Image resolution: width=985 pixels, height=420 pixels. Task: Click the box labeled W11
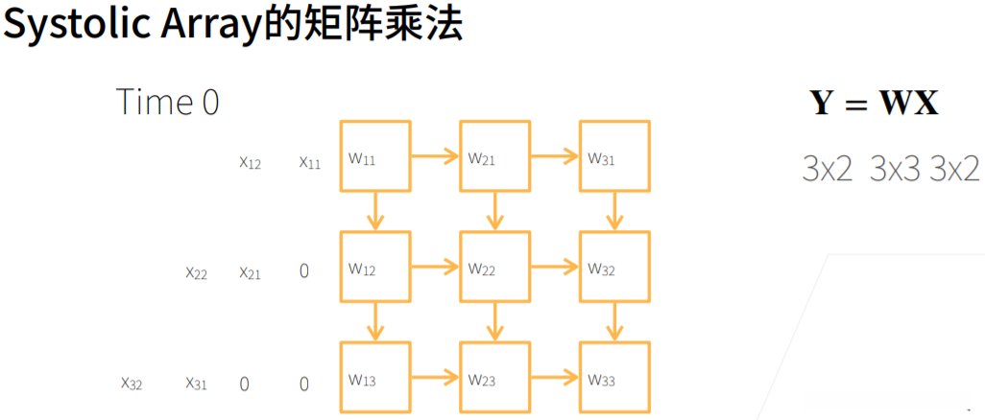[375, 155]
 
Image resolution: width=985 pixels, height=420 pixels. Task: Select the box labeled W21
[494, 155]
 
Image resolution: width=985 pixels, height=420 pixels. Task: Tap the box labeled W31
[614, 155]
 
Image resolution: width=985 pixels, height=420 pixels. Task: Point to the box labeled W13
[375, 378]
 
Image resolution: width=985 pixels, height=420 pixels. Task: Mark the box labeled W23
[494, 378]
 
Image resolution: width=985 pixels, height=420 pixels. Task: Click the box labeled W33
[614, 378]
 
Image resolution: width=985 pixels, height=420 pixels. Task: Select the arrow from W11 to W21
[435, 155]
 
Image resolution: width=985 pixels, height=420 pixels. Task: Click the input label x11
[309, 162]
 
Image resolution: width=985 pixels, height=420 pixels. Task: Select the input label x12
[250, 162]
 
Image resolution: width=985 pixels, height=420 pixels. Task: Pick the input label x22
[197, 272]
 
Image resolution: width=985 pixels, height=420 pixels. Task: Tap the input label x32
[132, 384]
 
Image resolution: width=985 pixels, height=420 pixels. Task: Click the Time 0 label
[167, 102]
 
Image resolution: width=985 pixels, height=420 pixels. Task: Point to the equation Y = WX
[874, 103]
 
